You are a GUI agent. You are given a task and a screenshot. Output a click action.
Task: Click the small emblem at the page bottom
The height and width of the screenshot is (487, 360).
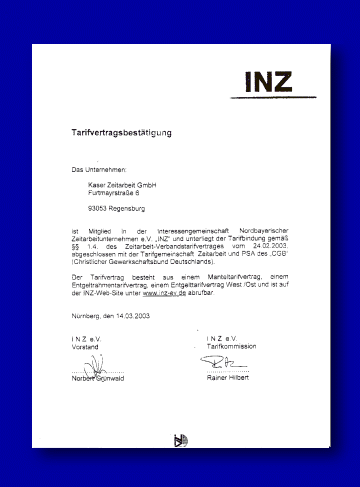(x=181, y=439)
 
